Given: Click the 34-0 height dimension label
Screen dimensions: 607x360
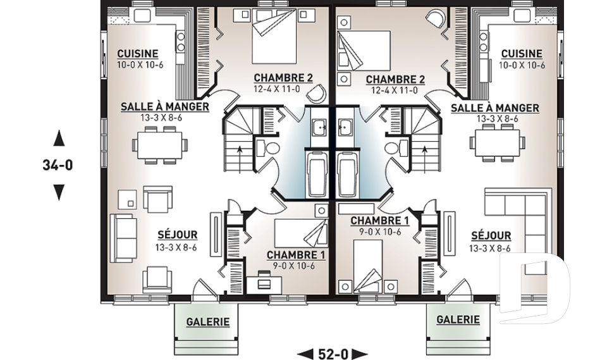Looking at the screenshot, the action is tap(58, 166).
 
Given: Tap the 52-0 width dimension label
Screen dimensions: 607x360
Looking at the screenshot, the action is tap(333, 354).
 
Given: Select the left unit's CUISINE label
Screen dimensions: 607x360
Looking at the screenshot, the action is tap(138, 54).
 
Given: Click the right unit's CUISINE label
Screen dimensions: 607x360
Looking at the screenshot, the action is tap(522, 54).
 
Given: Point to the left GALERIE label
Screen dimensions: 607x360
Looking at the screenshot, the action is tap(208, 321).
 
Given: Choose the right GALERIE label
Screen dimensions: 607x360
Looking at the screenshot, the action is tap(458, 320).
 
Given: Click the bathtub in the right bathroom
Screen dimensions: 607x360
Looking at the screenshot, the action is tap(347, 175).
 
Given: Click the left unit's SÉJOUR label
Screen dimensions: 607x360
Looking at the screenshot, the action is tap(177, 235).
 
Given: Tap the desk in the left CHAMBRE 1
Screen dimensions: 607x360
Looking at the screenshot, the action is tap(264, 282).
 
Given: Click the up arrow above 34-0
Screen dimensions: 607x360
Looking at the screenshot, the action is tap(59, 138).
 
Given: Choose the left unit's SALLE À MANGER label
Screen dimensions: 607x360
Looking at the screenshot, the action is tap(164, 106).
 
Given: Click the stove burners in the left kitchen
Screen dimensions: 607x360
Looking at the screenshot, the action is tap(181, 42).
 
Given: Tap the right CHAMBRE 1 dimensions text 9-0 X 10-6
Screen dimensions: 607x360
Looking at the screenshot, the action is tap(379, 232).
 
